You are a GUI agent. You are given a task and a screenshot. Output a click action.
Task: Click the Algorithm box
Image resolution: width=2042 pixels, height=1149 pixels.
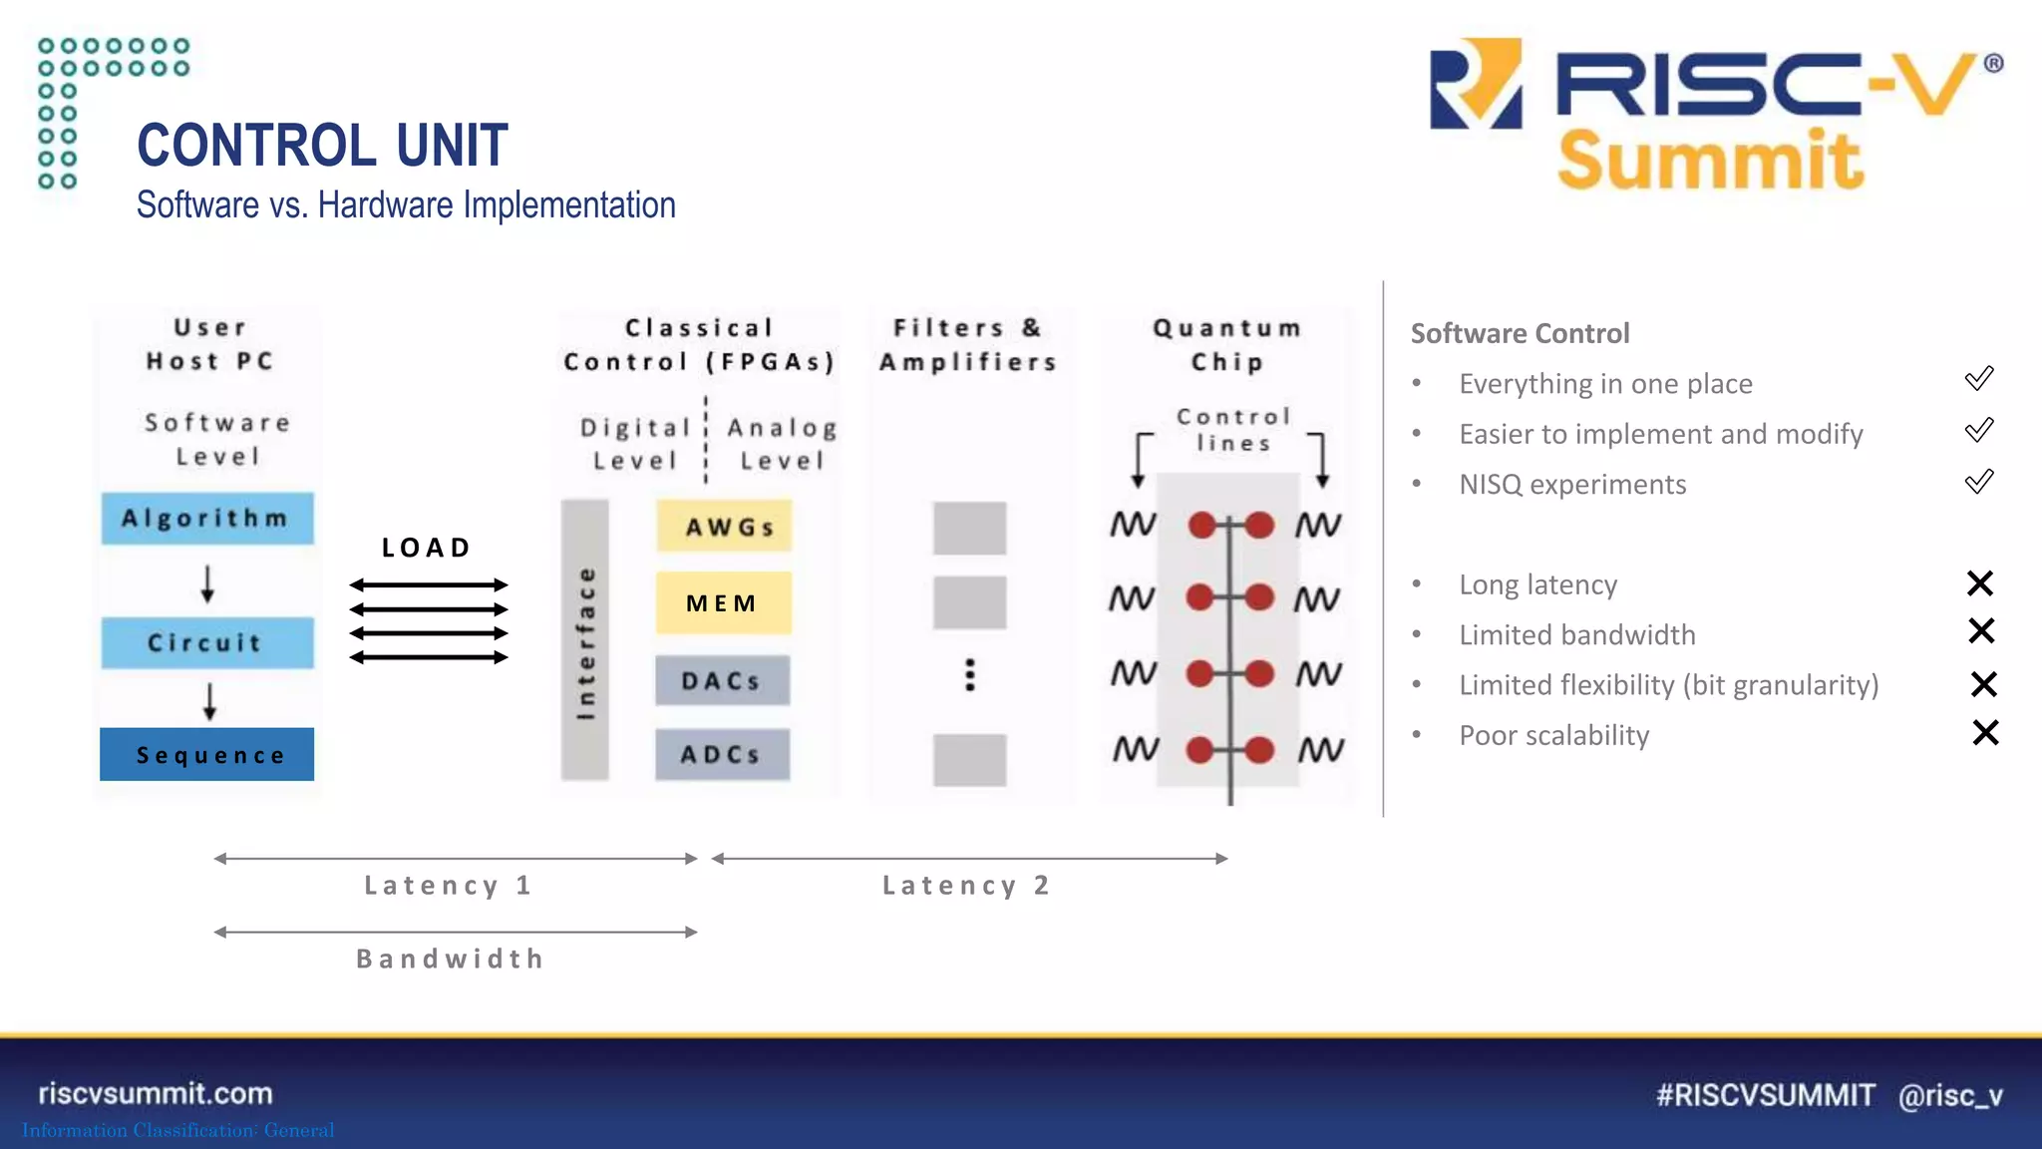click(x=207, y=519)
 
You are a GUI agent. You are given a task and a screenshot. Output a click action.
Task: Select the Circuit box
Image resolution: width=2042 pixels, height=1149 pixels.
click(x=207, y=643)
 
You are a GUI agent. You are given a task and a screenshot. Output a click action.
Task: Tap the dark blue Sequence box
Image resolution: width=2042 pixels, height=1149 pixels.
click(x=207, y=755)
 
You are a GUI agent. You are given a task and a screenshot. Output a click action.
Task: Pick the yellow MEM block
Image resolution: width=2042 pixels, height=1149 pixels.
click(x=723, y=603)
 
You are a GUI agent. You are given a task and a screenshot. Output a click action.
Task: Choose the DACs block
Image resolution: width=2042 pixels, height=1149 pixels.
click(x=722, y=681)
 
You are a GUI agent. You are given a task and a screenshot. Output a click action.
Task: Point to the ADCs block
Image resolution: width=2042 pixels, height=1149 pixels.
click(x=722, y=755)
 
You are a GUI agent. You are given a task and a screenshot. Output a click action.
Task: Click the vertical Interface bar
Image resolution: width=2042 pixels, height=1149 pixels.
click(x=585, y=640)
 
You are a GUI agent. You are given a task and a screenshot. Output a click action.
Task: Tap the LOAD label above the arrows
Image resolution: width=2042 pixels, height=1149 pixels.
click(x=427, y=548)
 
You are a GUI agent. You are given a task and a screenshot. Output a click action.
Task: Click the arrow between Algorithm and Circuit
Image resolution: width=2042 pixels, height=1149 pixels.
click(x=207, y=583)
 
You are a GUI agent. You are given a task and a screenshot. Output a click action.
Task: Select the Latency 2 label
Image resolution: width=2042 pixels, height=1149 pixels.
click(x=966, y=886)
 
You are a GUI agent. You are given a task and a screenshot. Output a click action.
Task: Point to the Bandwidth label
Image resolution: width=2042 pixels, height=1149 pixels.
click(x=451, y=959)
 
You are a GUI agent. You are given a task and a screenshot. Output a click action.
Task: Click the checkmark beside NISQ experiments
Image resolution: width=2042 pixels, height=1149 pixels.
click(x=1979, y=482)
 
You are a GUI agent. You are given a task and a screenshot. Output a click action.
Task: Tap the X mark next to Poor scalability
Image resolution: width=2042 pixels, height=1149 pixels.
click(x=1985, y=733)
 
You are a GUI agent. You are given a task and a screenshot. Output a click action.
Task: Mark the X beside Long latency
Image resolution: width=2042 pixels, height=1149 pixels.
click(x=1980, y=583)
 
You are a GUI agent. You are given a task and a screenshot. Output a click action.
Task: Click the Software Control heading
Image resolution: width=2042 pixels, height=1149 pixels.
click(x=1520, y=333)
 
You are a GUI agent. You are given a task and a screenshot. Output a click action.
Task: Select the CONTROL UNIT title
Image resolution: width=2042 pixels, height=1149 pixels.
click(x=322, y=146)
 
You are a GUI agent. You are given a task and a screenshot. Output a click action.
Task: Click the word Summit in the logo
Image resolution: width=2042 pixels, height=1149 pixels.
click(x=1710, y=161)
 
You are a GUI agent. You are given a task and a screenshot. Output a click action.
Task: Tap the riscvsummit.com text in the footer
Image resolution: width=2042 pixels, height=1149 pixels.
click(x=156, y=1093)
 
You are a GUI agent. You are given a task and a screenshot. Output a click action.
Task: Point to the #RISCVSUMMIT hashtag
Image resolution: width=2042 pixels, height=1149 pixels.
click(x=1765, y=1095)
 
